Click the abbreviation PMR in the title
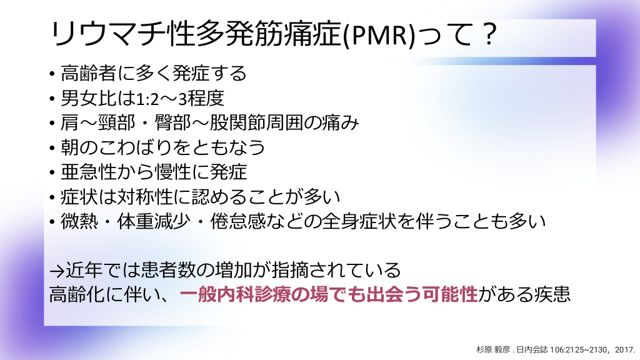tap(379, 35)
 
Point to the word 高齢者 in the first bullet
tap(89, 74)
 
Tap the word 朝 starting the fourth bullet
tap(70, 147)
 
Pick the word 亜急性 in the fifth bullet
tap(89, 172)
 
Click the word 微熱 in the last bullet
tap(79, 221)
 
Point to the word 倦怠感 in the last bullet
tap(237, 221)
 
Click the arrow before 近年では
tap(57, 271)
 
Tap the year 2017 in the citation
tap(624, 350)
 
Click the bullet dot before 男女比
tap(52, 99)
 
